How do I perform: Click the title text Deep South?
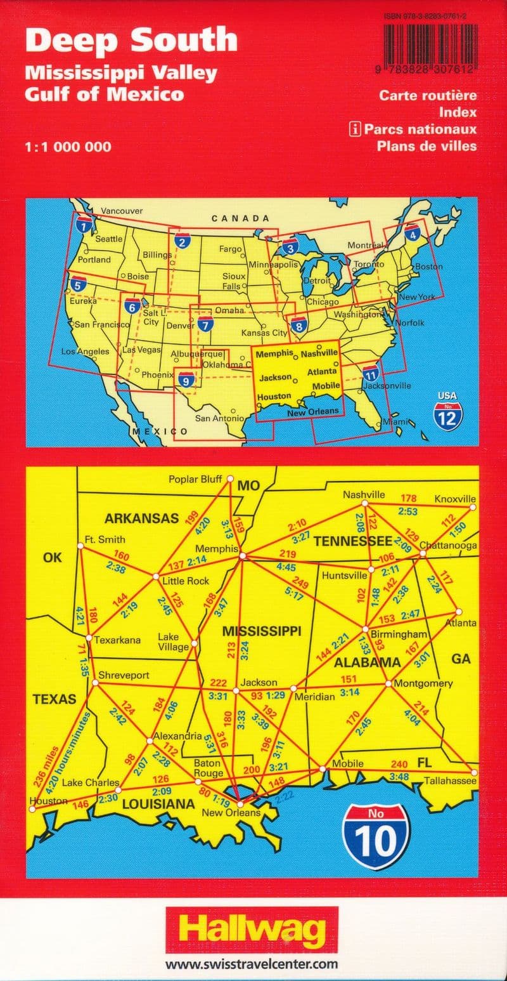click(131, 40)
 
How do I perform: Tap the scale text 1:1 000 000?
click(68, 147)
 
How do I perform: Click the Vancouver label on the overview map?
click(122, 211)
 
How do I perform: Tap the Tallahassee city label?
click(450, 780)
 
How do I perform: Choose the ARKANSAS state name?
click(142, 518)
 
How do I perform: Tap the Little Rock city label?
click(186, 581)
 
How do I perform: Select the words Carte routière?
click(428, 96)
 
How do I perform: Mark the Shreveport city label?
click(125, 675)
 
